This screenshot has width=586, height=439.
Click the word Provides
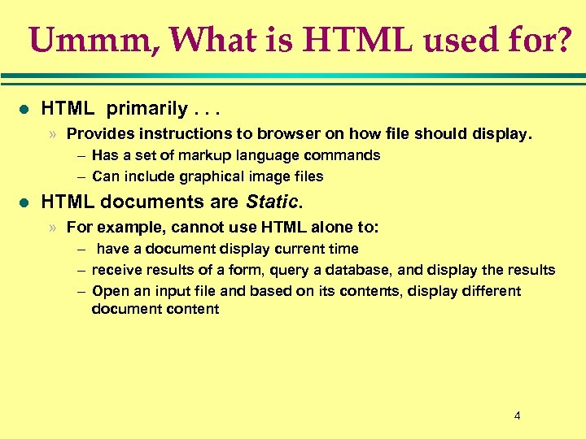pyautogui.click(x=98, y=134)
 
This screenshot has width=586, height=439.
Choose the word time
pyautogui.click(x=341, y=249)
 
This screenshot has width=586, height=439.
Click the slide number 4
pyautogui.click(x=517, y=416)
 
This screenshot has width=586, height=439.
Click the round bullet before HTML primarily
pyautogui.click(x=24, y=108)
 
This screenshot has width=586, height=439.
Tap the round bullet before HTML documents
pyautogui.click(x=24, y=202)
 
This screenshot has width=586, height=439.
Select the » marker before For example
pyautogui.click(x=52, y=228)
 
